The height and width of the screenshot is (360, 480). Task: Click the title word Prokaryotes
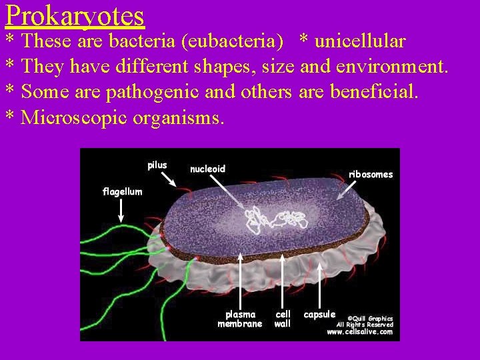[75, 16]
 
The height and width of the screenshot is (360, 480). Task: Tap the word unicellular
[360, 41]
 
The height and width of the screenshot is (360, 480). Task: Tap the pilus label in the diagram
[157, 165]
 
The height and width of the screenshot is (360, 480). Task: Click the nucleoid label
[207, 169]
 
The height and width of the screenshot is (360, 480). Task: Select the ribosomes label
[371, 175]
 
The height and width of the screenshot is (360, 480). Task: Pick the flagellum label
[122, 191]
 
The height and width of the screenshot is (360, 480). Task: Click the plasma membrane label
[240, 319]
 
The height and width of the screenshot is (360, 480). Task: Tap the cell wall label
[283, 319]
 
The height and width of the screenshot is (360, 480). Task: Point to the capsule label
[319, 315]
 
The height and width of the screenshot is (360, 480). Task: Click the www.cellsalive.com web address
[360, 332]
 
